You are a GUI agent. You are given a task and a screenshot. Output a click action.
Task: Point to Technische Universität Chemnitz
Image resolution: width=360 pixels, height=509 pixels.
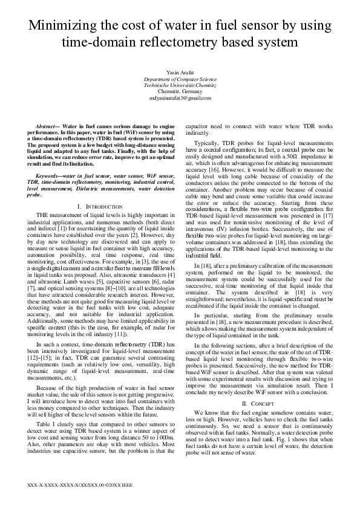tap(180, 86)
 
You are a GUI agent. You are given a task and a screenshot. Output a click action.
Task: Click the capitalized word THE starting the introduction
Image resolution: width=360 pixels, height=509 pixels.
tap(44, 216)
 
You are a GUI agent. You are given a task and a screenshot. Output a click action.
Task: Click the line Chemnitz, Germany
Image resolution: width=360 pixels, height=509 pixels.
tap(180, 92)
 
